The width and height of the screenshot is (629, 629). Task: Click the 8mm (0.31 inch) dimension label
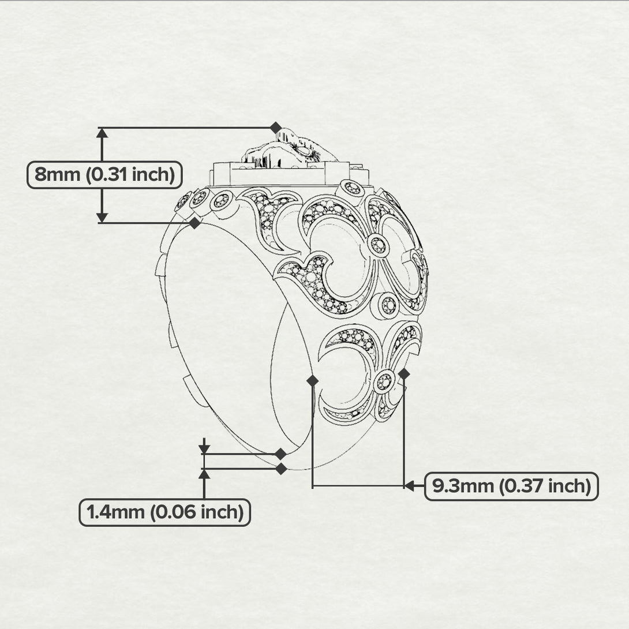(x=104, y=175)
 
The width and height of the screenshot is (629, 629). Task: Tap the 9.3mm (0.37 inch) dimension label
(x=511, y=486)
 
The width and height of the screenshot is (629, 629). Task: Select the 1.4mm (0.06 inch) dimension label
(x=165, y=512)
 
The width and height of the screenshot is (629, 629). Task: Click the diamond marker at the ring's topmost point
(x=276, y=128)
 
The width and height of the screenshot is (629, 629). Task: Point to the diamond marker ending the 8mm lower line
(x=194, y=223)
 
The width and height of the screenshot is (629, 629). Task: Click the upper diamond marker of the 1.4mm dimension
(x=280, y=454)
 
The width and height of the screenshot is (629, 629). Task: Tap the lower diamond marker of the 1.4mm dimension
(x=281, y=469)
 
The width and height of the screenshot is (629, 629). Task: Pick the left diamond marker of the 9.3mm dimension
(x=313, y=380)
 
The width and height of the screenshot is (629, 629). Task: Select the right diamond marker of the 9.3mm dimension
(x=404, y=375)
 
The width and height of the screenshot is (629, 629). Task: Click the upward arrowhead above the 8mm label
(x=102, y=133)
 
